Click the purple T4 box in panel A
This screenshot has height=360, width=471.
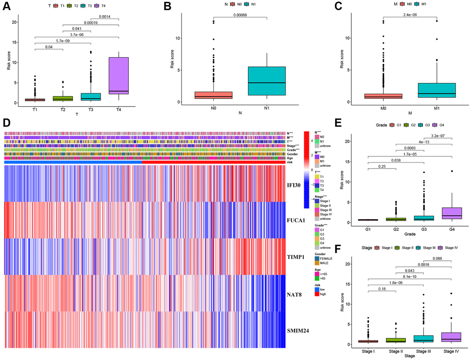click(118, 75)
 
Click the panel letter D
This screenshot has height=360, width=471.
click(6, 123)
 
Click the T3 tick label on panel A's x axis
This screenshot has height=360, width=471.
click(91, 109)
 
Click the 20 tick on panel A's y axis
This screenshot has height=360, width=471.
click(14, 22)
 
